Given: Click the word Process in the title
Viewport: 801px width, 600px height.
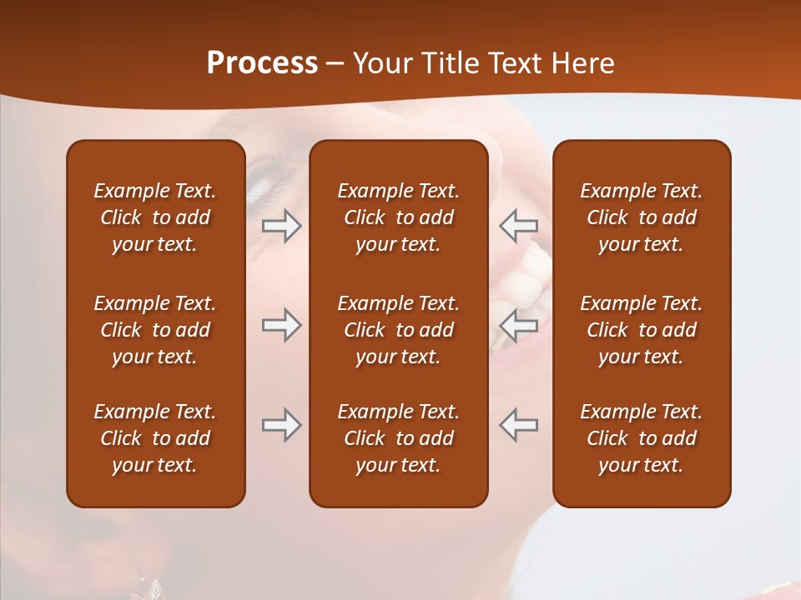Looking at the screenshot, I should (x=262, y=63).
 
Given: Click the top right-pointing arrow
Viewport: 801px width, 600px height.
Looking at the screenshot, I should (x=282, y=226).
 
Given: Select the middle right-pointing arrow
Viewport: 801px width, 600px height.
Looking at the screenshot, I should (x=282, y=325).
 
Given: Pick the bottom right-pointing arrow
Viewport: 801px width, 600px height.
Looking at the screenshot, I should (x=282, y=425).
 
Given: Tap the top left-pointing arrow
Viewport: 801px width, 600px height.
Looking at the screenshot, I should (x=518, y=226).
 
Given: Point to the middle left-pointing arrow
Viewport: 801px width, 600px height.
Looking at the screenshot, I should (x=518, y=325).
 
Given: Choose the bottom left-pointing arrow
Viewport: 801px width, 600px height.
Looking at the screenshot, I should (x=518, y=425).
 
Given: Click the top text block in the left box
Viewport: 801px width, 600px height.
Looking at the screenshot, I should (x=155, y=217).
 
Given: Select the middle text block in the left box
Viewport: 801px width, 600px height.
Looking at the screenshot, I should (x=155, y=330).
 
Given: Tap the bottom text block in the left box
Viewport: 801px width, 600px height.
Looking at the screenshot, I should (x=155, y=438).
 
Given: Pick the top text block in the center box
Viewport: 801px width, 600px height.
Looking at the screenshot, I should (x=398, y=217).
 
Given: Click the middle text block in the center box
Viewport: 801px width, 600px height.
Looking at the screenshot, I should (x=398, y=330).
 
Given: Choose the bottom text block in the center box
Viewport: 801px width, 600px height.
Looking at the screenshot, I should (x=398, y=438).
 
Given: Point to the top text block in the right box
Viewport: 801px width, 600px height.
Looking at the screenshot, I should (x=641, y=217).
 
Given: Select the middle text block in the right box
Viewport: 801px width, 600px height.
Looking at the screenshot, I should (x=641, y=330).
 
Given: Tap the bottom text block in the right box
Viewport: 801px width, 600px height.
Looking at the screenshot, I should (x=641, y=438).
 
